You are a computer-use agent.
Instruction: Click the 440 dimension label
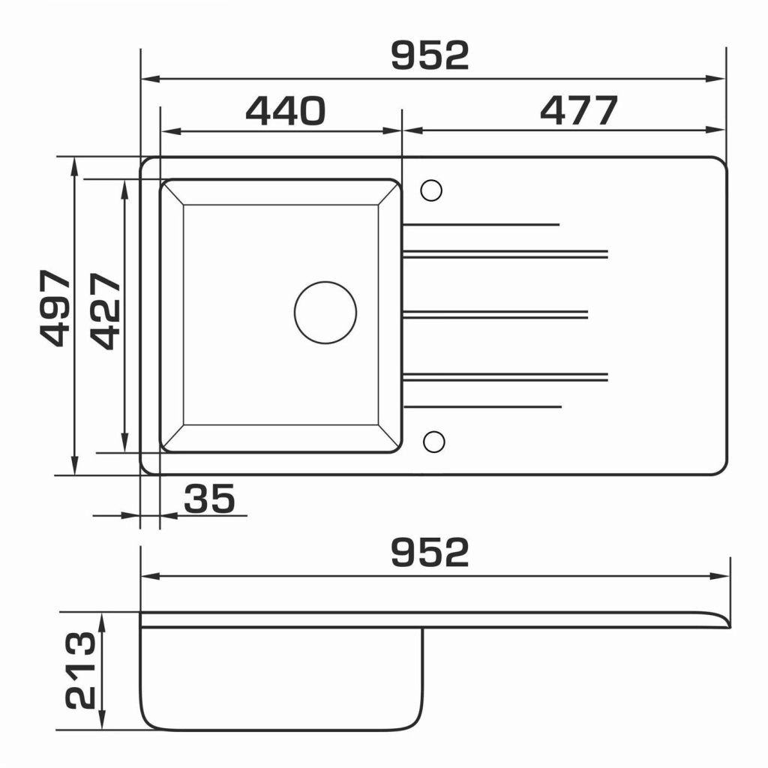click(285, 111)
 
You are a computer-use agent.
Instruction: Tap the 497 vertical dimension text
click(55, 308)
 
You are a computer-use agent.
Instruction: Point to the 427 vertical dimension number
click(105, 310)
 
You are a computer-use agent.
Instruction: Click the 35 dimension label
click(210, 499)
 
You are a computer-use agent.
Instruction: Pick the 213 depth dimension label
click(81, 670)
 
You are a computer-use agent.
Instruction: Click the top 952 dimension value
click(430, 55)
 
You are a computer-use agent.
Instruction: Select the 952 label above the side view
click(430, 552)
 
